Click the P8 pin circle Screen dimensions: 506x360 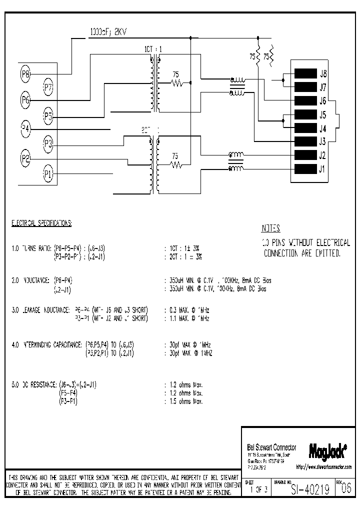click(26, 74)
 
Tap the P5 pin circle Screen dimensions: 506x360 click(48, 116)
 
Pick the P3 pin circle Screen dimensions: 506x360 click(48, 145)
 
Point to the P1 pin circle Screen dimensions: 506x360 click(48, 174)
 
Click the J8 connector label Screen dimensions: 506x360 click(323, 73)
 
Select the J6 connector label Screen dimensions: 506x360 click(323, 100)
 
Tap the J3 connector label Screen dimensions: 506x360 click(323, 141)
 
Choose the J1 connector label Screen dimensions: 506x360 click(322, 168)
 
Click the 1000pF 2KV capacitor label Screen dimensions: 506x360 click(108, 31)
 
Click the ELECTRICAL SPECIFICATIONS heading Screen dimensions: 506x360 click(41, 223)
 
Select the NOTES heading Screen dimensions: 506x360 click(271, 228)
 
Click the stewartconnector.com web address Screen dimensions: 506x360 click(323, 467)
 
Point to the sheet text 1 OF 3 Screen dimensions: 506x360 click(258, 489)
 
